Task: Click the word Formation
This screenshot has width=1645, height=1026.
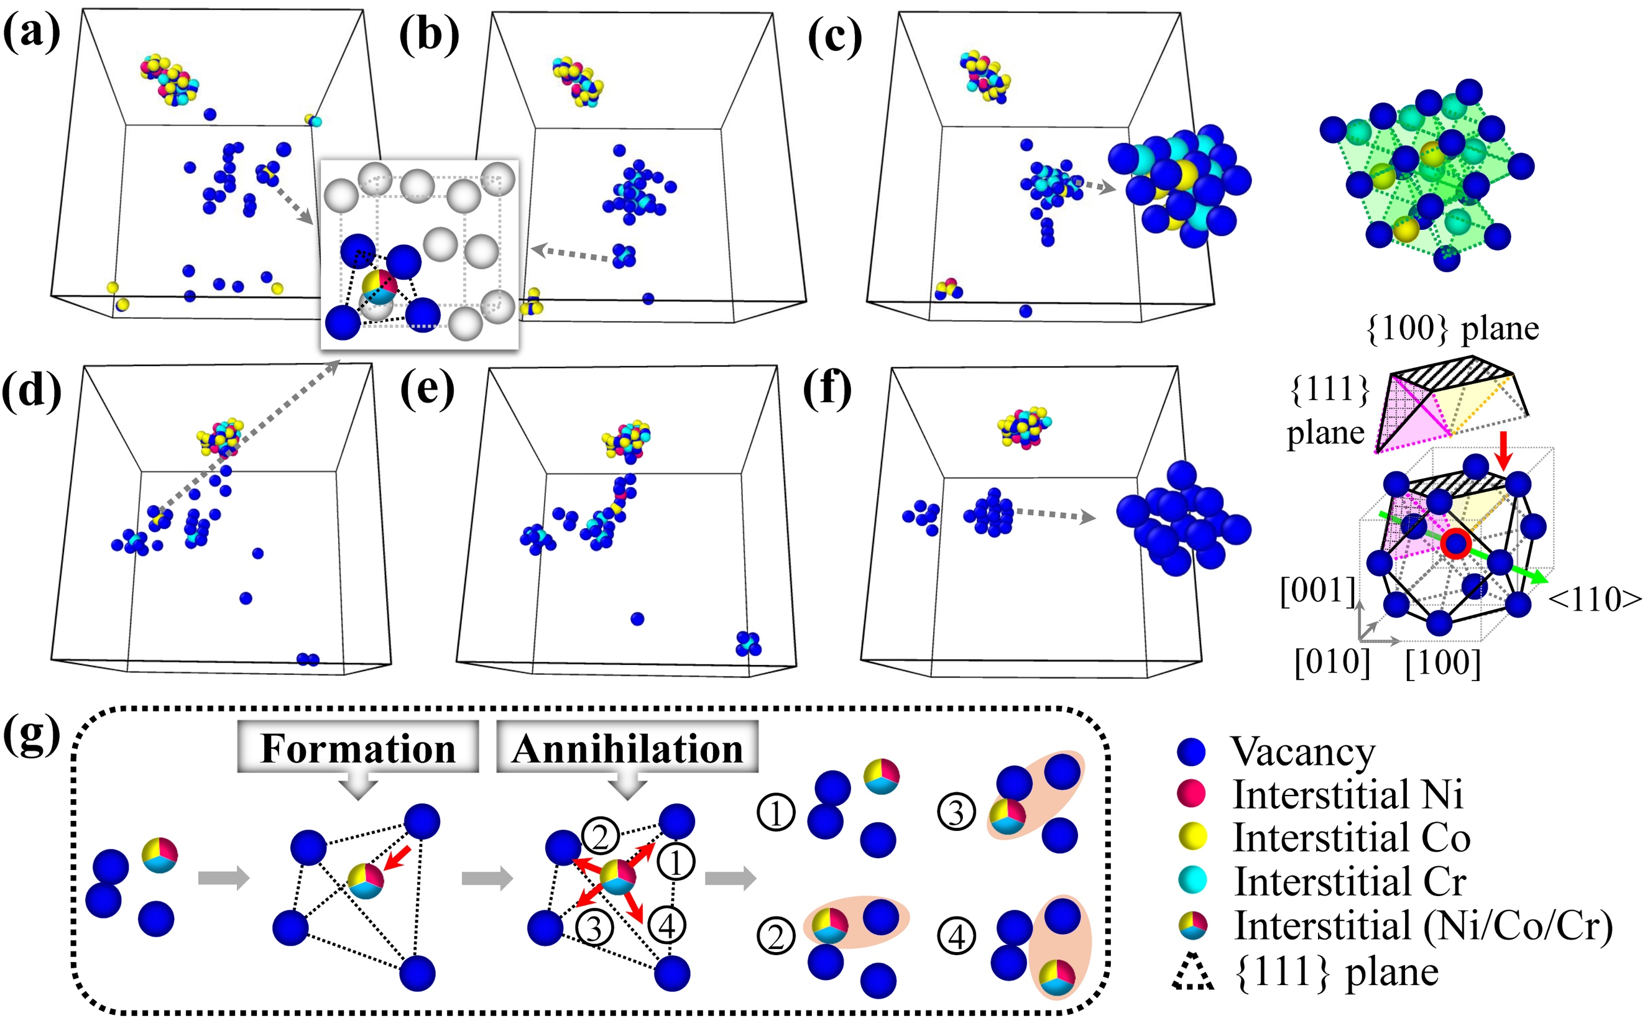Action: (x=357, y=748)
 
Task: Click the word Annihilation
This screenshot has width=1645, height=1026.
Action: (x=627, y=748)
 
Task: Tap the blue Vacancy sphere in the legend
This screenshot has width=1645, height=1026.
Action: (x=1192, y=752)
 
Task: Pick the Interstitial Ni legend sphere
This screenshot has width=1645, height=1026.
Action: (x=1192, y=794)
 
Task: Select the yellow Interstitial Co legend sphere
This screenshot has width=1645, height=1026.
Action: (x=1192, y=836)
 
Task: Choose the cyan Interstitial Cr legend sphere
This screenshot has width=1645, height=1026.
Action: (x=1192, y=880)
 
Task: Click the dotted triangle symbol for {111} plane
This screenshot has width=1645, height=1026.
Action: (x=1192, y=972)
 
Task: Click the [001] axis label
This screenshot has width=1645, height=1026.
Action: (x=1317, y=591)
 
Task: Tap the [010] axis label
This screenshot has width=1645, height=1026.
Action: (x=1332, y=662)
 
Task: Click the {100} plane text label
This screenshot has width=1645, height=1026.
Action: (x=1452, y=329)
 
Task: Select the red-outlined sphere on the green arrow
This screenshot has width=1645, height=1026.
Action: (x=1455, y=544)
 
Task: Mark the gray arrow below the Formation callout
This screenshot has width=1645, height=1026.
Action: (x=357, y=787)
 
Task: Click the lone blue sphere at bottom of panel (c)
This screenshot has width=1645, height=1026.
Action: (x=1025, y=311)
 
